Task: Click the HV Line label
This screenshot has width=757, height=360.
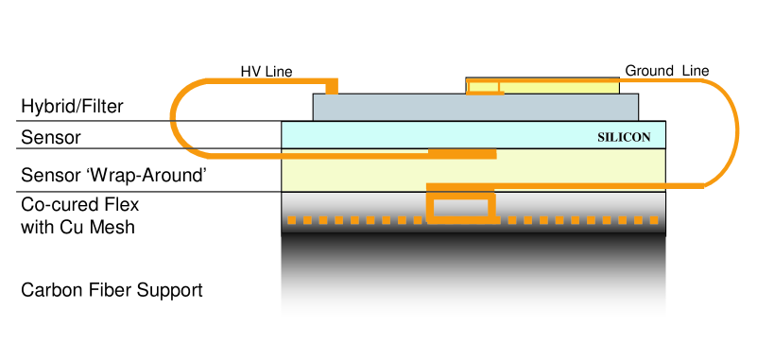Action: point(267,71)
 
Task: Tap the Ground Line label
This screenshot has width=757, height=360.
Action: point(666,71)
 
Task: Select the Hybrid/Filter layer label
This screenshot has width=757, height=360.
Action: point(72,106)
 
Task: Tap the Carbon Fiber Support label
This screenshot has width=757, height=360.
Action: point(112,289)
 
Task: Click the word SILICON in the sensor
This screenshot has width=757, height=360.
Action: point(624,136)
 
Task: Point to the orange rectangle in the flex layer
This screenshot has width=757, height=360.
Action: point(460,207)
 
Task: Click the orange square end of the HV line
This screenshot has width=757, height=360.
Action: point(332,88)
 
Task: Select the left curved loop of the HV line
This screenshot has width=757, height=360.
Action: point(174,118)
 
